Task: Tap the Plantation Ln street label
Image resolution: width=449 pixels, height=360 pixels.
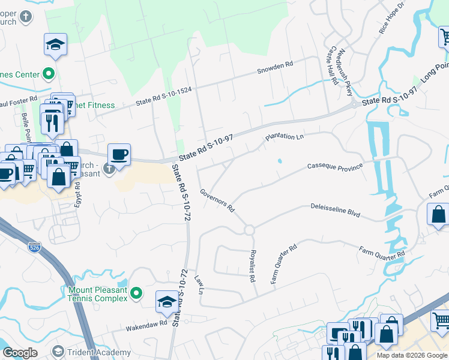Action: [285, 137]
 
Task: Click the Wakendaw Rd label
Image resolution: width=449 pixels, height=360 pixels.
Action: [146, 324]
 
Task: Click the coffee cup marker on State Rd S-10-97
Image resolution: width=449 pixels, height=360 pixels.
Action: [119, 155]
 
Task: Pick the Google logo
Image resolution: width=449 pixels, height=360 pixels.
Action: [20, 353]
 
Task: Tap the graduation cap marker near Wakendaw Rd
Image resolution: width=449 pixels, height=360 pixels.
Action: [167, 302]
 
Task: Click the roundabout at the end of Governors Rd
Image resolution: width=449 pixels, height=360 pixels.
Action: [249, 230]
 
